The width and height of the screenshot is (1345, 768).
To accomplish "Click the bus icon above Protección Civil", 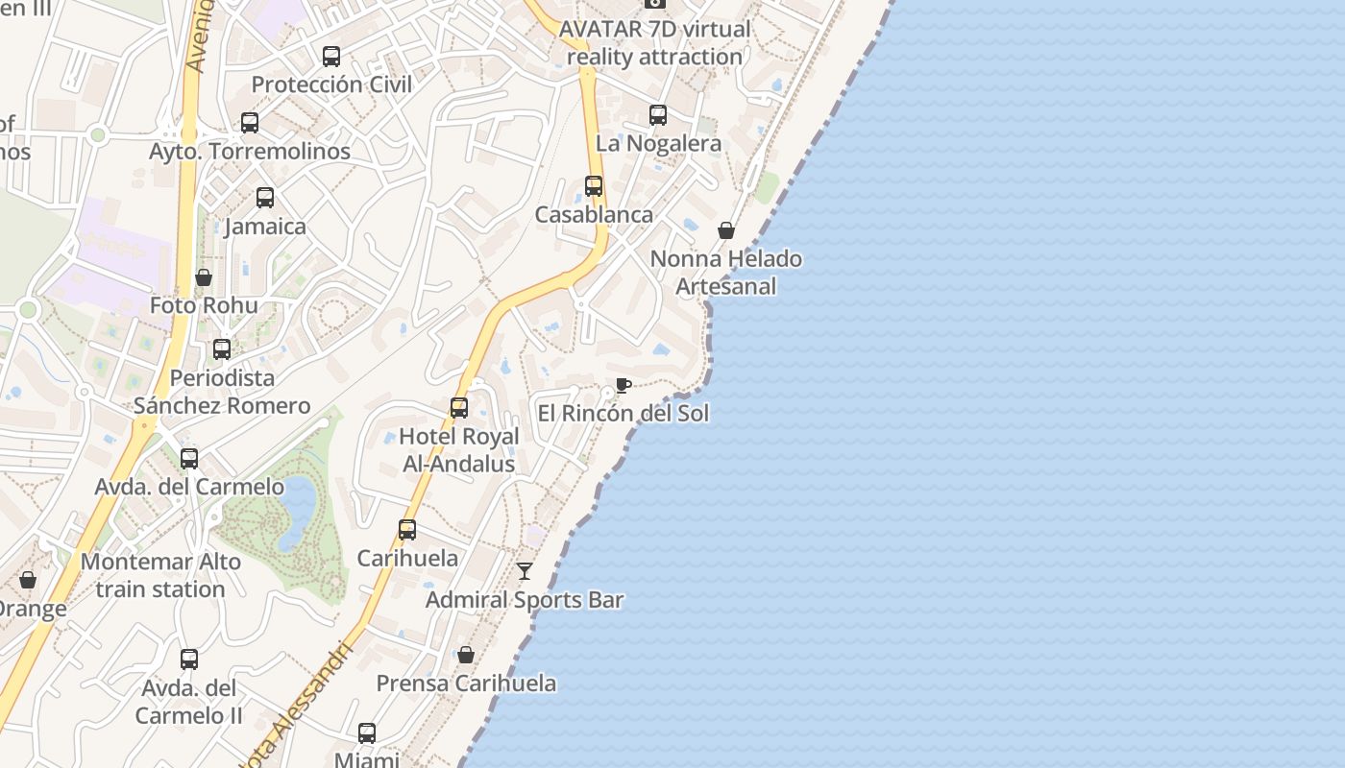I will click(331, 57).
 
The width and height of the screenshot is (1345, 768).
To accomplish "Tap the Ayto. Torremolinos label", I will click(250, 152).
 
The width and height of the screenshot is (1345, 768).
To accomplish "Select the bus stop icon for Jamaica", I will click(265, 198).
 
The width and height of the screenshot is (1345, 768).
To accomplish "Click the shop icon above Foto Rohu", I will click(204, 277).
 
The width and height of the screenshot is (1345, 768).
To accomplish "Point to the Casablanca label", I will click(594, 215).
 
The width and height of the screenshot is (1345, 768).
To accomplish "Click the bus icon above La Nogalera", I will click(658, 115).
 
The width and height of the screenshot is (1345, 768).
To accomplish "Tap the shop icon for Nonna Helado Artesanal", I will click(726, 230).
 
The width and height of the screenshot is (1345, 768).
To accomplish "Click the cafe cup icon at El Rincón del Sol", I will click(623, 386).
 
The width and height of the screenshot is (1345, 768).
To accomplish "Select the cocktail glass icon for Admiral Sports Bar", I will click(525, 571).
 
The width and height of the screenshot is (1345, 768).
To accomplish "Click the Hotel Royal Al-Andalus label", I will click(459, 450).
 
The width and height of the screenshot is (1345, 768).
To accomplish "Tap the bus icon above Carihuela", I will click(407, 530).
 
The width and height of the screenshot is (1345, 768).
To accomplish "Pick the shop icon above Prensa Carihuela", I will click(466, 655).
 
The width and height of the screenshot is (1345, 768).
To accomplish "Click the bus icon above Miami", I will click(367, 733).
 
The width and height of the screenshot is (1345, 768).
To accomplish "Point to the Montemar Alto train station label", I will click(160, 575).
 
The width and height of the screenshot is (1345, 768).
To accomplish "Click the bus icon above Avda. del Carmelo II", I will click(189, 660).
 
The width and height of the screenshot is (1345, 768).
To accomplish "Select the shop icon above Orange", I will click(28, 580).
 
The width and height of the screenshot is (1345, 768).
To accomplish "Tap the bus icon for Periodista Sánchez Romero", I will click(222, 349).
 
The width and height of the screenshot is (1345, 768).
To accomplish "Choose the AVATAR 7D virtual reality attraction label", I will click(654, 43).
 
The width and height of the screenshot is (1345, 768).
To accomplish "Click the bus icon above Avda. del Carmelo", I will click(189, 459).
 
